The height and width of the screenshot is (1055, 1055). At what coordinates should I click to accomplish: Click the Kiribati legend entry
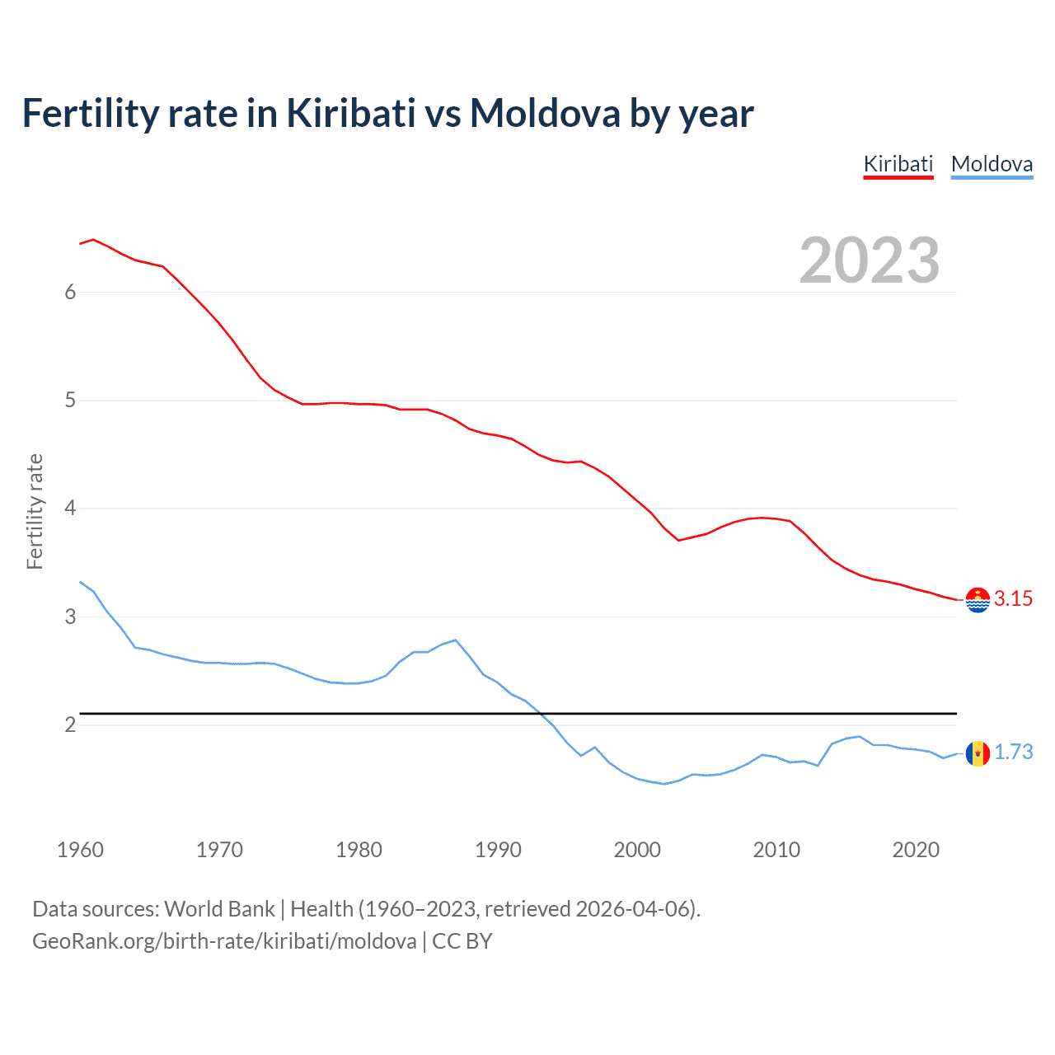point(898,164)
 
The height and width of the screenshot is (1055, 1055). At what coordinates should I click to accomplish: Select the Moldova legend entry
point(992,164)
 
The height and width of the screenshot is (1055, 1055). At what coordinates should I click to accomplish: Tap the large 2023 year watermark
point(869,260)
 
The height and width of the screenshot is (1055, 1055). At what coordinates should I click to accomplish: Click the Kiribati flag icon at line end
point(978,600)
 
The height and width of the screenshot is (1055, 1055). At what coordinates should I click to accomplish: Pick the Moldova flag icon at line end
point(978,753)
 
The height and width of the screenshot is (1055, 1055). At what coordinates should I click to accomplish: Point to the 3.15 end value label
point(1013,599)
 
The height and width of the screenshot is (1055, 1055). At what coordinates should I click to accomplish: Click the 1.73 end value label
point(1013,753)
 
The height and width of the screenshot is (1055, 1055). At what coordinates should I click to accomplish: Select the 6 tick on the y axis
point(70,292)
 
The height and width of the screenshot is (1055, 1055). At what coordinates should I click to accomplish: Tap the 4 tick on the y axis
point(70,509)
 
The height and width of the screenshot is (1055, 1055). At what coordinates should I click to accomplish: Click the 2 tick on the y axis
point(70,725)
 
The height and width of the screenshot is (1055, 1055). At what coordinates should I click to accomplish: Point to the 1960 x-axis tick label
point(80,850)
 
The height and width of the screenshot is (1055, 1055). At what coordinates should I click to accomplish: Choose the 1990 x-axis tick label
point(498,850)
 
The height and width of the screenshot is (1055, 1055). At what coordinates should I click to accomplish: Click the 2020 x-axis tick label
point(916,850)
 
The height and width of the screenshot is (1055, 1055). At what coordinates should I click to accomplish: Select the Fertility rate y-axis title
point(35,511)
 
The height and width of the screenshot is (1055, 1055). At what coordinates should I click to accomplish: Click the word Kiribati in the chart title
point(351,114)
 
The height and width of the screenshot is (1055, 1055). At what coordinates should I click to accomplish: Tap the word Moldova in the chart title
point(545,114)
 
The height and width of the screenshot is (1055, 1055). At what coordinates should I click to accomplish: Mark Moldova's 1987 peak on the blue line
point(456,640)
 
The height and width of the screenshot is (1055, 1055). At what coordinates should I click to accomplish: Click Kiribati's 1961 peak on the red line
point(93,239)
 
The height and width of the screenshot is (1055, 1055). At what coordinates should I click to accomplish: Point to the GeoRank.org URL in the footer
point(224,941)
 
